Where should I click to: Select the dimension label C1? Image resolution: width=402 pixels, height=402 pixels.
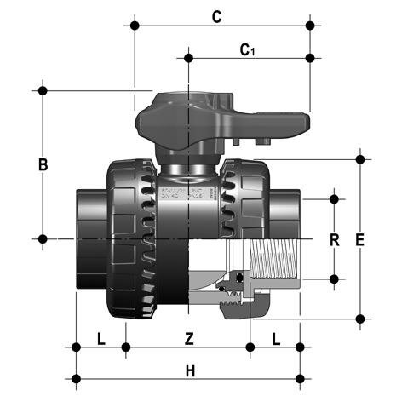(x=248, y=49)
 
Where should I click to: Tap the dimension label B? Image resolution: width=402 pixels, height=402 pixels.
(x=43, y=164)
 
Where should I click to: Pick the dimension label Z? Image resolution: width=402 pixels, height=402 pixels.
(x=189, y=338)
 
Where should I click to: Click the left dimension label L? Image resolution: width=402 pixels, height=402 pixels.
(x=100, y=338)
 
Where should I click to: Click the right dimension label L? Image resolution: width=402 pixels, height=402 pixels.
(x=275, y=338)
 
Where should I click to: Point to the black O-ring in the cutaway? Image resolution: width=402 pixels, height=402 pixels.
(x=240, y=278)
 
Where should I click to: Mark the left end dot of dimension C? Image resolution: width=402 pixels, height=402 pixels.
(x=134, y=26)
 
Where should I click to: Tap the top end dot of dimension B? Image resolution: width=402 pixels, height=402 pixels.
(x=42, y=89)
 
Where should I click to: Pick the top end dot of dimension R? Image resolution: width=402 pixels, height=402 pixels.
(x=335, y=199)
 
